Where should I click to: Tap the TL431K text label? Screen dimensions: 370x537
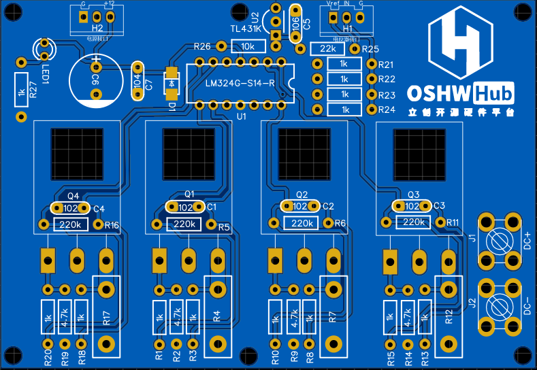coord(245,29)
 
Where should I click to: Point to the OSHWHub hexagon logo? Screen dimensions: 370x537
coord(461,46)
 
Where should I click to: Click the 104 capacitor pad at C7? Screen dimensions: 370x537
coord(138,82)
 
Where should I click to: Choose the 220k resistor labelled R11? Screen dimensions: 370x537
coord(412,222)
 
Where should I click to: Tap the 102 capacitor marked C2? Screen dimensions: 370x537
coord(299,206)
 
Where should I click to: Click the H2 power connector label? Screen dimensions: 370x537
coord(97,29)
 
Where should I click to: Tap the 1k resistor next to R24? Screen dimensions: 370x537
coord(344,110)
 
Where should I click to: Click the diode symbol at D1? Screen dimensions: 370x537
coord(171,82)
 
